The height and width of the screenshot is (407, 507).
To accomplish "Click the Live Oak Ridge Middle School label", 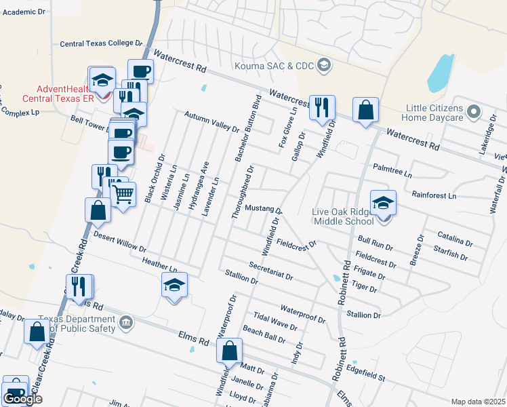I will pyautogui.click(x=343, y=216).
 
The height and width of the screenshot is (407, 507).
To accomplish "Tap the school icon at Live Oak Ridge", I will pyautogui.click(x=383, y=203).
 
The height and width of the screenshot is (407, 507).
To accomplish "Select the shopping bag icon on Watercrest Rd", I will pyautogui.click(x=365, y=110).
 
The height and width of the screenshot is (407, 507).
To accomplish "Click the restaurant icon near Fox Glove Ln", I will pyautogui.click(x=321, y=107).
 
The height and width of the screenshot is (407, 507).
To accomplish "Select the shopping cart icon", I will pyautogui.click(x=123, y=195).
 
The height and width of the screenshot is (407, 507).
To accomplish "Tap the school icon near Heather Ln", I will pyautogui.click(x=174, y=286).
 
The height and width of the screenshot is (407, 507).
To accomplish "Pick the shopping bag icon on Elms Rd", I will pyautogui.click(x=229, y=351).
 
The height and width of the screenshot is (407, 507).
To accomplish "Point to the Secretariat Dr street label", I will pyautogui.click(x=270, y=271).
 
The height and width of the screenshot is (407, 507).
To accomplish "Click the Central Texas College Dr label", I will pyautogui.click(x=101, y=43).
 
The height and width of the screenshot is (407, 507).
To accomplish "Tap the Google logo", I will pyautogui.click(x=22, y=399).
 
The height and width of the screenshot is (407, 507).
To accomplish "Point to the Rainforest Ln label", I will pyautogui.click(x=434, y=195).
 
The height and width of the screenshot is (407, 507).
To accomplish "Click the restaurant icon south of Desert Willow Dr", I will pyautogui.click(x=79, y=287).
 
